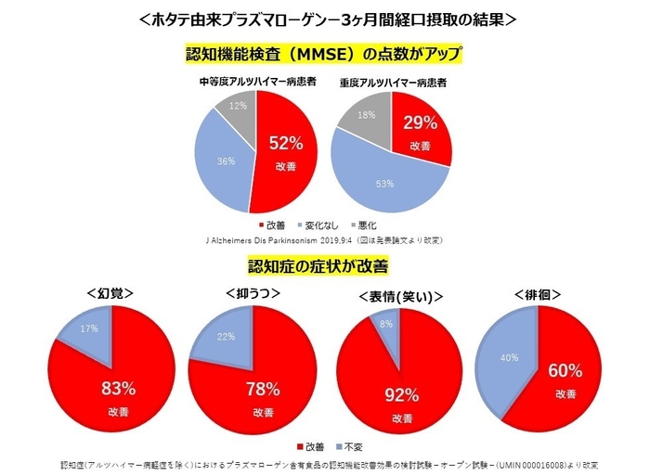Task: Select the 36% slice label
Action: tap(224, 161)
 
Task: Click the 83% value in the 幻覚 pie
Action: tap(118, 387)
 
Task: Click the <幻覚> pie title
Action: tap(114, 290)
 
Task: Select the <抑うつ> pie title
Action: tap(253, 290)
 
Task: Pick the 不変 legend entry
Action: tap(353, 447)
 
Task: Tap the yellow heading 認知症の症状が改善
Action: tap(318, 265)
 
